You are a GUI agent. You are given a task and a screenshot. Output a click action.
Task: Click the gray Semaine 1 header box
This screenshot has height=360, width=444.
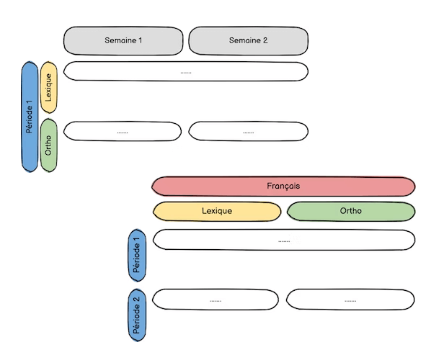point(123,41)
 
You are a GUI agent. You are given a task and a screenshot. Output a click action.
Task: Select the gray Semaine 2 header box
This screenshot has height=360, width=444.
point(249,41)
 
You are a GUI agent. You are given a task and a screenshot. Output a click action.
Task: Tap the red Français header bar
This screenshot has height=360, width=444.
point(283,186)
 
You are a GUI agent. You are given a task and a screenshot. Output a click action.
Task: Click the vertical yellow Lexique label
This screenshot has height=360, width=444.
point(49,86)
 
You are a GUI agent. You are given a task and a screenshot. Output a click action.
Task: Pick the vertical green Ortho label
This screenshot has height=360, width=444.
point(49,146)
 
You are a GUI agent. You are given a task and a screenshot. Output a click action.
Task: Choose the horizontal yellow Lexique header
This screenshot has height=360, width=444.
point(217,212)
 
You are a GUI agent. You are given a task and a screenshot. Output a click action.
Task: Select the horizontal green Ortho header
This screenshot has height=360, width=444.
point(351,212)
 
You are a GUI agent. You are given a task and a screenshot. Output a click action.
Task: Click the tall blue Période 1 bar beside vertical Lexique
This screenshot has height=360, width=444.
point(30,117)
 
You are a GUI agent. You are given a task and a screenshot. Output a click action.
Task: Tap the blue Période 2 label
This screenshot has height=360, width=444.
point(137,314)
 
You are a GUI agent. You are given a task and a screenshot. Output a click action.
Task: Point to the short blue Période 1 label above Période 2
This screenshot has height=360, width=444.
point(137,255)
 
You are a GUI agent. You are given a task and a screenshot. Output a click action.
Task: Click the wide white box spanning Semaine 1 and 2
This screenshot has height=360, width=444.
point(186,71)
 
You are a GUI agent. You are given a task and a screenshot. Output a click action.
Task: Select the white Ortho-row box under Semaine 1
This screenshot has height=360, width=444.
point(123,131)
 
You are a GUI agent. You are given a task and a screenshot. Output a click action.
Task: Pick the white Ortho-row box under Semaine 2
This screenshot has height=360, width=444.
point(249,131)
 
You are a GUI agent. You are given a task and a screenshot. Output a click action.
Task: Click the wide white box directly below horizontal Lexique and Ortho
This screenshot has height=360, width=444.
point(284,240)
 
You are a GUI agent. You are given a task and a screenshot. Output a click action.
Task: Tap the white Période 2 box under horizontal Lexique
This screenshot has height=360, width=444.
point(216,299)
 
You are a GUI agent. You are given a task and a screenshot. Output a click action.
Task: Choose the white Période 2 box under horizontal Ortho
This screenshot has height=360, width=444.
point(350,299)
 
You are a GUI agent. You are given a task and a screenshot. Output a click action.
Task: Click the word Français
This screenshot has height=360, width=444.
point(283,186)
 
